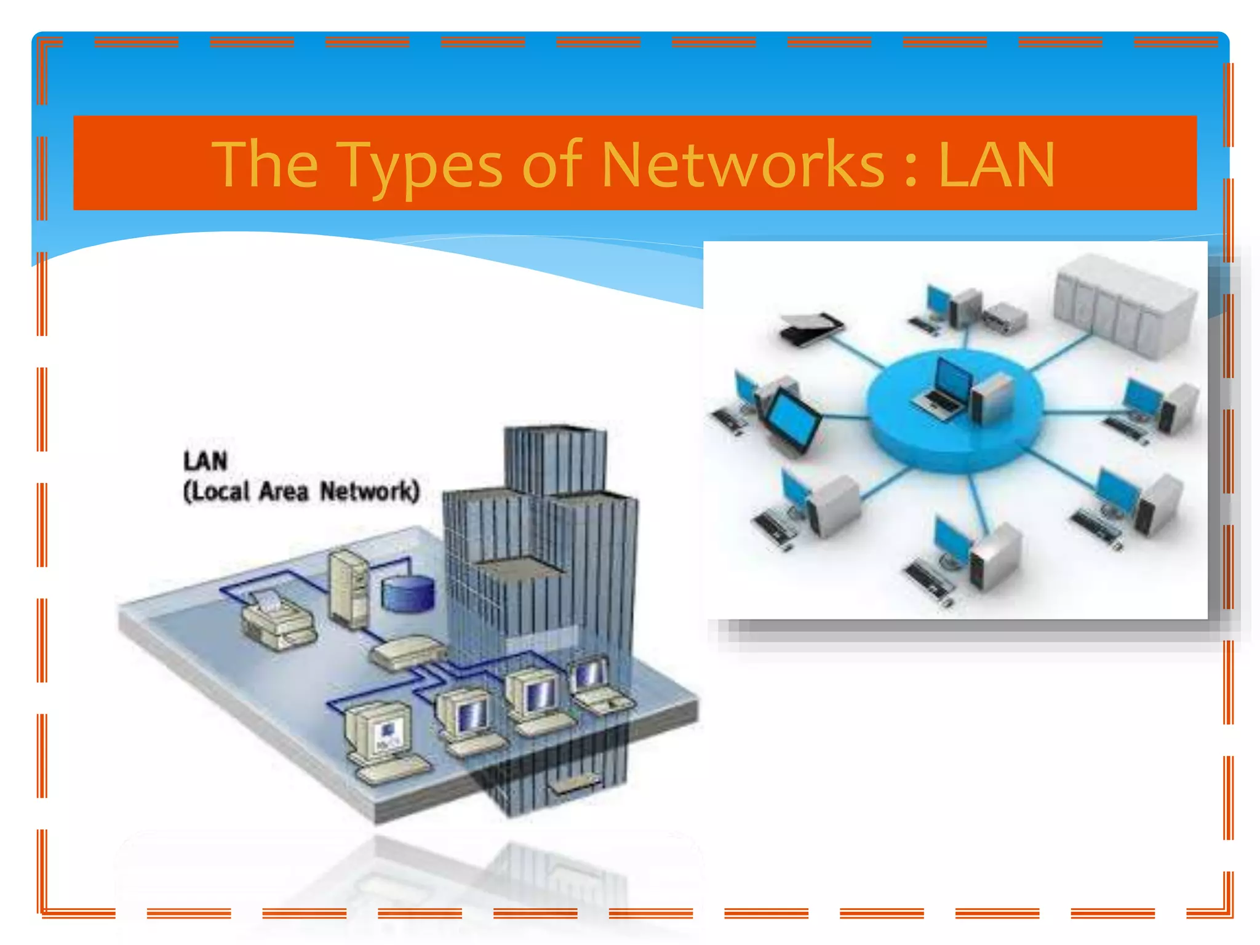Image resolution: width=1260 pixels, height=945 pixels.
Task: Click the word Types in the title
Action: [x=421, y=165]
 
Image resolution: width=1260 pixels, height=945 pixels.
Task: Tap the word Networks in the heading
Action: [x=742, y=165]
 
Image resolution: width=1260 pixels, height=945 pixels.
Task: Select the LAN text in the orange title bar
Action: [x=996, y=165]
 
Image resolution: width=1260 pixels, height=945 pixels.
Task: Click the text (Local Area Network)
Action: [x=301, y=491]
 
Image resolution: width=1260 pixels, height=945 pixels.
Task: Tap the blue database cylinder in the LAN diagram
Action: [x=408, y=594]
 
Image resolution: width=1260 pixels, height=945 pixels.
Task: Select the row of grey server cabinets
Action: [x=1125, y=305]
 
